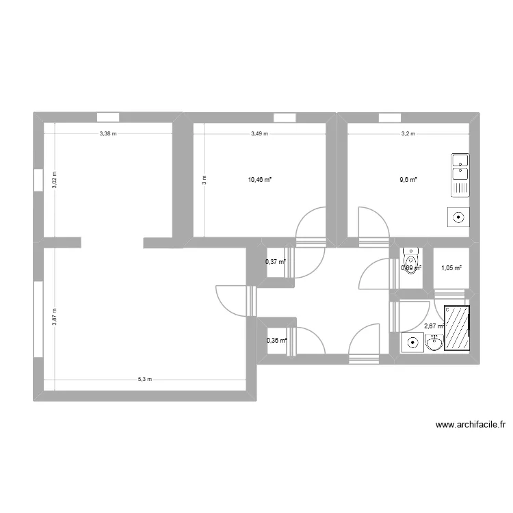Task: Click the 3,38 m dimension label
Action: (x=107, y=134)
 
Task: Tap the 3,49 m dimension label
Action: (x=259, y=134)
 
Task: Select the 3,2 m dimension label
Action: (x=408, y=134)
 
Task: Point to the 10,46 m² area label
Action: (x=260, y=180)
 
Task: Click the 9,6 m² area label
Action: (x=408, y=180)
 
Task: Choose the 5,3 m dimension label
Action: (x=144, y=380)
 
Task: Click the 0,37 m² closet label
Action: (x=275, y=261)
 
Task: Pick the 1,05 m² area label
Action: (x=451, y=268)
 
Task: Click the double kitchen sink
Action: (x=460, y=175)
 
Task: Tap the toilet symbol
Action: (x=410, y=261)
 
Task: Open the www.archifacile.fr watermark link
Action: (x=471, y=425)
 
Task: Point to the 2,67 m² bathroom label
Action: (x=434, y=326)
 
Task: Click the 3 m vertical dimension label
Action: (x=203, y=180)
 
